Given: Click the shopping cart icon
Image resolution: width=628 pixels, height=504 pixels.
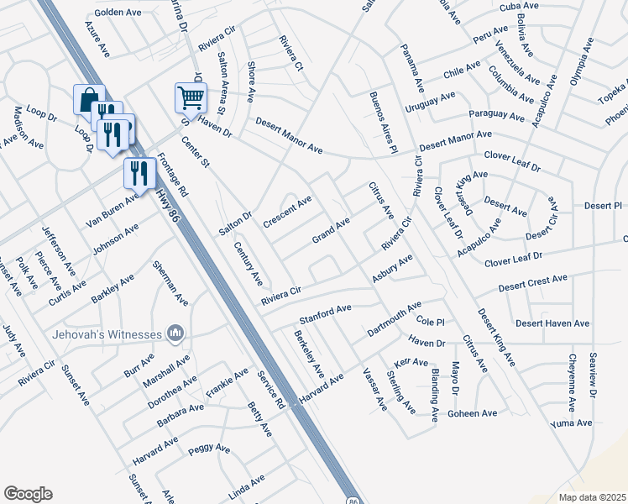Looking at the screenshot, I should click(191, 97).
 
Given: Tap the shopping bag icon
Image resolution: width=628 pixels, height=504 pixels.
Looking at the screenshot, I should click(88, 100).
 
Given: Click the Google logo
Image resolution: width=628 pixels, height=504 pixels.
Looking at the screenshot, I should click(28, 494).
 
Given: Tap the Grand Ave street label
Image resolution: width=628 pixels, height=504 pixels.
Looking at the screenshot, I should click(331, 229).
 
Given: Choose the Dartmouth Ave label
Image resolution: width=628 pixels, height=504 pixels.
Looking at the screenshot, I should click(394, 320).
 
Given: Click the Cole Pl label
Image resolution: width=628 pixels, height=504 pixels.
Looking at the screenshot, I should click(429, 322).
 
